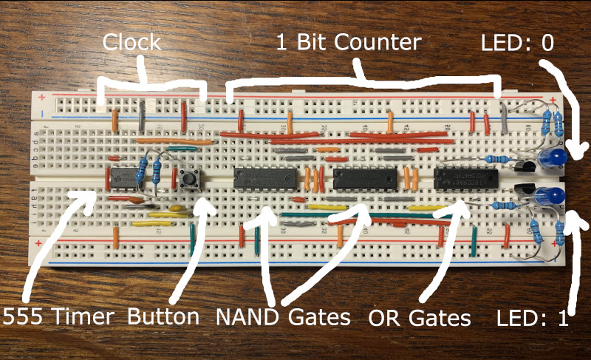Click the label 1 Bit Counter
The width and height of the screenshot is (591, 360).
tap(348, 42)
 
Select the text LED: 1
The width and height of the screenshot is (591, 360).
tap(533, 319)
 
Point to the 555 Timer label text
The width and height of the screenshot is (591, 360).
tap(59, 318)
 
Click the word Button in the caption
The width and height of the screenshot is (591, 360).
tap(163, 317)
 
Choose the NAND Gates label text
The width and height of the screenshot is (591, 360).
tap(283, 318)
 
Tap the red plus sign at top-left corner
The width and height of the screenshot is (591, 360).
tap(42, 97)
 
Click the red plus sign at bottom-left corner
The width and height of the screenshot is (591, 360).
tap(41, 241)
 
